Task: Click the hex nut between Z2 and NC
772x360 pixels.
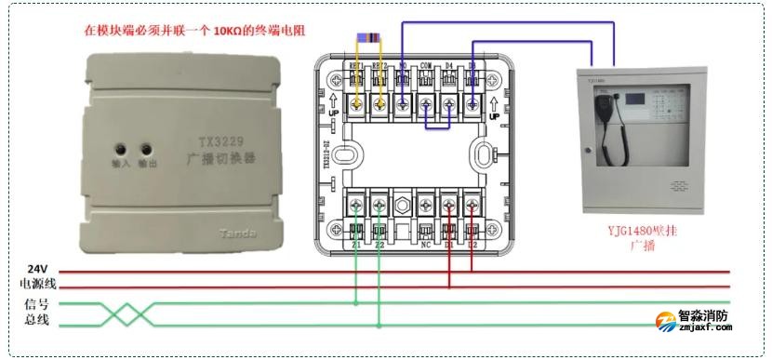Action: [403, 202]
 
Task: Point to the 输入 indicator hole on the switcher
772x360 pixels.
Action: [121, 149]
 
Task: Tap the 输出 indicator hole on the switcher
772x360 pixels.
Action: [145, 149]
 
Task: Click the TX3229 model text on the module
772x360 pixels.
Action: [221, 142]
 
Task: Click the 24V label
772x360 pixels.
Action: [36, 268]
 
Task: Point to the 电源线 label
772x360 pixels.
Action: [38, 284]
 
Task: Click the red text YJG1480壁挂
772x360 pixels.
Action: [643, 229]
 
